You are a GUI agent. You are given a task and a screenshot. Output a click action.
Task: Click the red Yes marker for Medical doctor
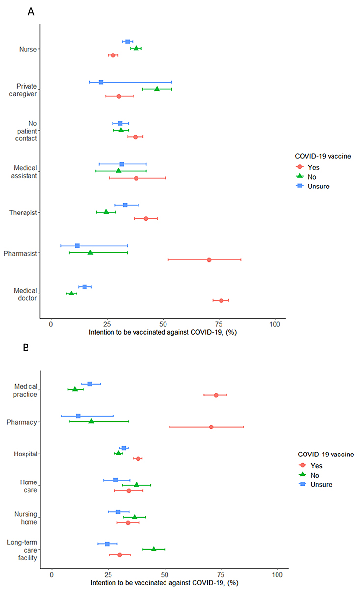[x=221, y=300]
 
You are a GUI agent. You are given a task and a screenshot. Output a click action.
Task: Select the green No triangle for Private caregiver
[x=157, y=89]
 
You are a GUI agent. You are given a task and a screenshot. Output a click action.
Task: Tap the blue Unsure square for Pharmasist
[x=77, y=245]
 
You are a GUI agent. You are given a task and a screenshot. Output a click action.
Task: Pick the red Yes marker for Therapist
[x=146, y=218]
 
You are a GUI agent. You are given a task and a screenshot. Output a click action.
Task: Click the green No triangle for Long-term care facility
[x=154, y=549]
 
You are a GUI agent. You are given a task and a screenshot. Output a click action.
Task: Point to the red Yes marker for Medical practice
[x=216, y=395]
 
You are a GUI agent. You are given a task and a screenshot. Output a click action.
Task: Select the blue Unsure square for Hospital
[x=124, y=448]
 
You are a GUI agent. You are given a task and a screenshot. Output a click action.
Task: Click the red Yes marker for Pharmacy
[x=211, y=427]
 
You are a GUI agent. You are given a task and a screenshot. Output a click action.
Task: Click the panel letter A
[x=31, y=12]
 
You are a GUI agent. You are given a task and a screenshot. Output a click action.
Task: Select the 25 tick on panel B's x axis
[x=108, y=574]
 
